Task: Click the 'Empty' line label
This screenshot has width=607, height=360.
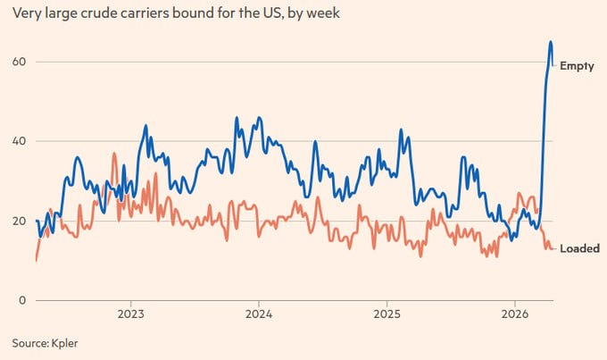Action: coord(577,66)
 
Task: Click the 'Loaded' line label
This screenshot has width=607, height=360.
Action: coord(579,248)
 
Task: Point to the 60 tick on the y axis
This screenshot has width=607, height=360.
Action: coord(18,62)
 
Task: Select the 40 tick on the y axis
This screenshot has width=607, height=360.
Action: coord(18,141)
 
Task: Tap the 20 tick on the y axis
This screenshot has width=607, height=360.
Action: coord(18,221)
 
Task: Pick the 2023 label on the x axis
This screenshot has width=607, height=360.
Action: coord(131,315)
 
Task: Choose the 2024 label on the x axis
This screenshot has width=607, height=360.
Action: coord(259,315)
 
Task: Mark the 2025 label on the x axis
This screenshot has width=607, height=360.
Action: coord(387,315)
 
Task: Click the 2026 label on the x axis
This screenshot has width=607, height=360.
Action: coord(514,315)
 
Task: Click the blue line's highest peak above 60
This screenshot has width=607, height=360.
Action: coord(551,41)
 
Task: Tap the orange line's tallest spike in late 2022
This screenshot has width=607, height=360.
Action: coord(114,154)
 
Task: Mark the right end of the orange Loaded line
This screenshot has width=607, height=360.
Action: coord(555,248)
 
